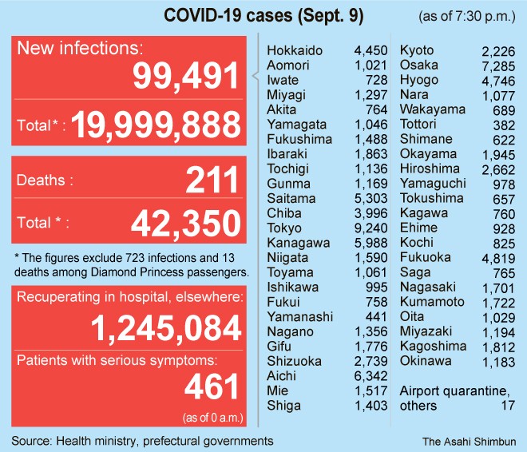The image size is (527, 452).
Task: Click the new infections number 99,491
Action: [x=186, y=77]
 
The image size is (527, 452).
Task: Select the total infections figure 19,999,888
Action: [x=157, y=125]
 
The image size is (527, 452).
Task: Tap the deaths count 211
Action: [x=212, y=180]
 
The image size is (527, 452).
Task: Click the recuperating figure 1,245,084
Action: [x=165, y=328]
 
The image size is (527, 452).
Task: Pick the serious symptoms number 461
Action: [x=212, y=387]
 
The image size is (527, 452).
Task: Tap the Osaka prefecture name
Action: [x=418, y=65]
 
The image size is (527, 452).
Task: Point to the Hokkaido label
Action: [x=295, y=50]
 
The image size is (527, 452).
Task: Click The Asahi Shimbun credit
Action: [x=470, y=441]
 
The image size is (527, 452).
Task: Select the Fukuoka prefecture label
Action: [x=425, y=258]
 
